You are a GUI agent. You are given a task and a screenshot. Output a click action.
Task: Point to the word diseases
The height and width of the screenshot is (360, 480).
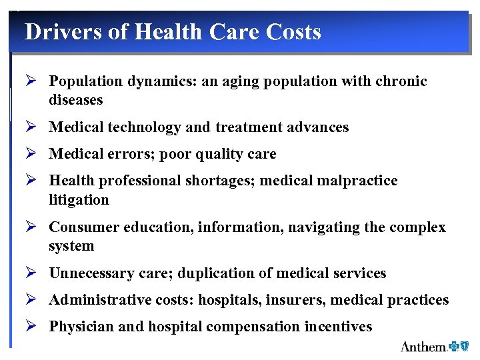pyautogui.click(x=75, y=100)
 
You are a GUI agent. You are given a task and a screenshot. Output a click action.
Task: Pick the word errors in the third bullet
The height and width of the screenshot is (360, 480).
pyautogui.click(x=127, y=154)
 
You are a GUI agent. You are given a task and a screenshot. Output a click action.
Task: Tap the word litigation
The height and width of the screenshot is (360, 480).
pyautogui.click(x=79, y=199)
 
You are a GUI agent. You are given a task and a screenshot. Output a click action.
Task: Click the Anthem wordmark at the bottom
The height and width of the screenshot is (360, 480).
pyautogui.click(x=423, y=347)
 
